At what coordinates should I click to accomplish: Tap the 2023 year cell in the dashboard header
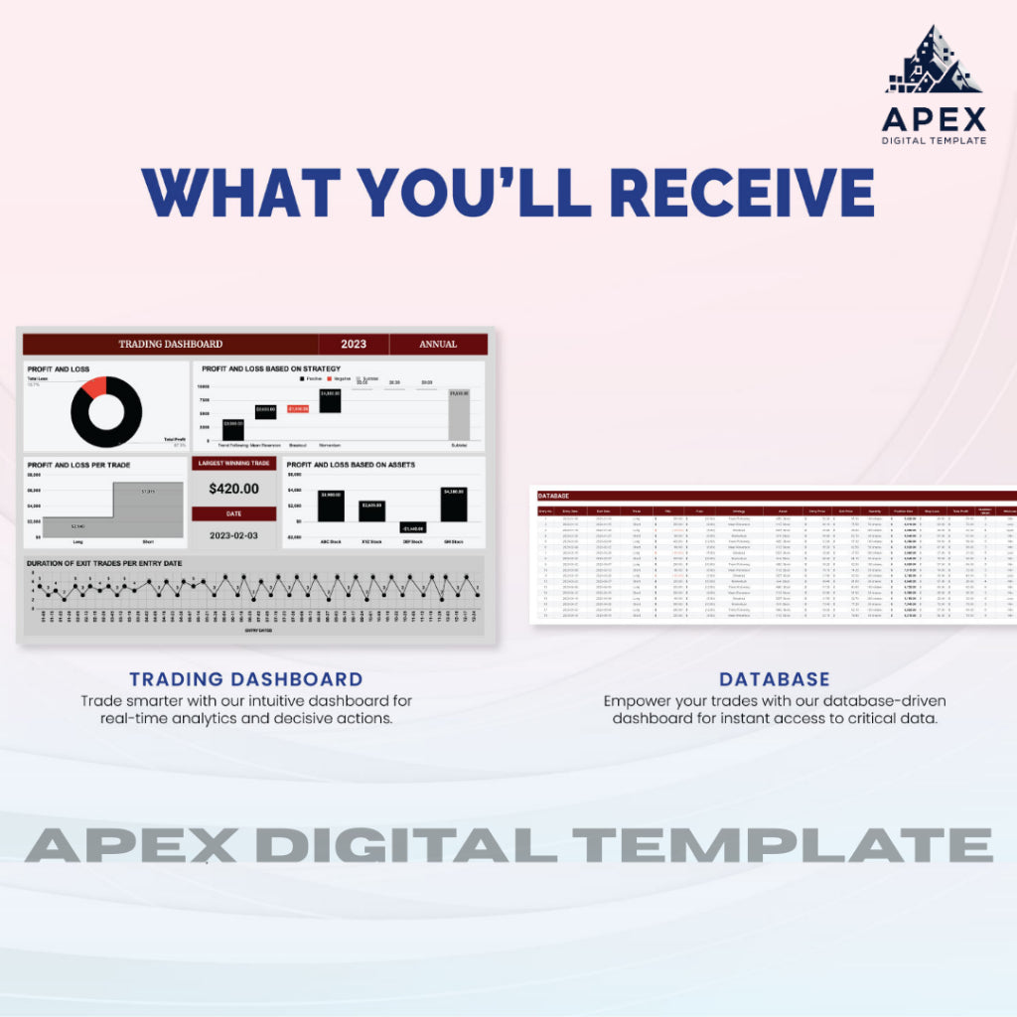354,345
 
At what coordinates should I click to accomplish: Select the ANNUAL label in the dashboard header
438,345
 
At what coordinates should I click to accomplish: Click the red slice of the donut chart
94,386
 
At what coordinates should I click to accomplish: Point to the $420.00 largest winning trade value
233,489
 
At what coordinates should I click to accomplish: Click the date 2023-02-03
233,534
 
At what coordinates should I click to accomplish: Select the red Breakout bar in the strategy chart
298,408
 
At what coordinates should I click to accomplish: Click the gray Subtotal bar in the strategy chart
458,415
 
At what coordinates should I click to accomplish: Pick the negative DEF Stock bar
413,527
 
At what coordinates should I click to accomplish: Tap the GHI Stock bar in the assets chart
454,505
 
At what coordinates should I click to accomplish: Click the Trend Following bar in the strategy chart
233,429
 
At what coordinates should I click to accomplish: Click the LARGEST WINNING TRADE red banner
233,463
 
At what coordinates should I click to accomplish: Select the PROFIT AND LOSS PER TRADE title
78,465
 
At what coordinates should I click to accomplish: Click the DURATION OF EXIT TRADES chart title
104,563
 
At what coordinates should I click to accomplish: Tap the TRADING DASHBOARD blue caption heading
245,679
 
